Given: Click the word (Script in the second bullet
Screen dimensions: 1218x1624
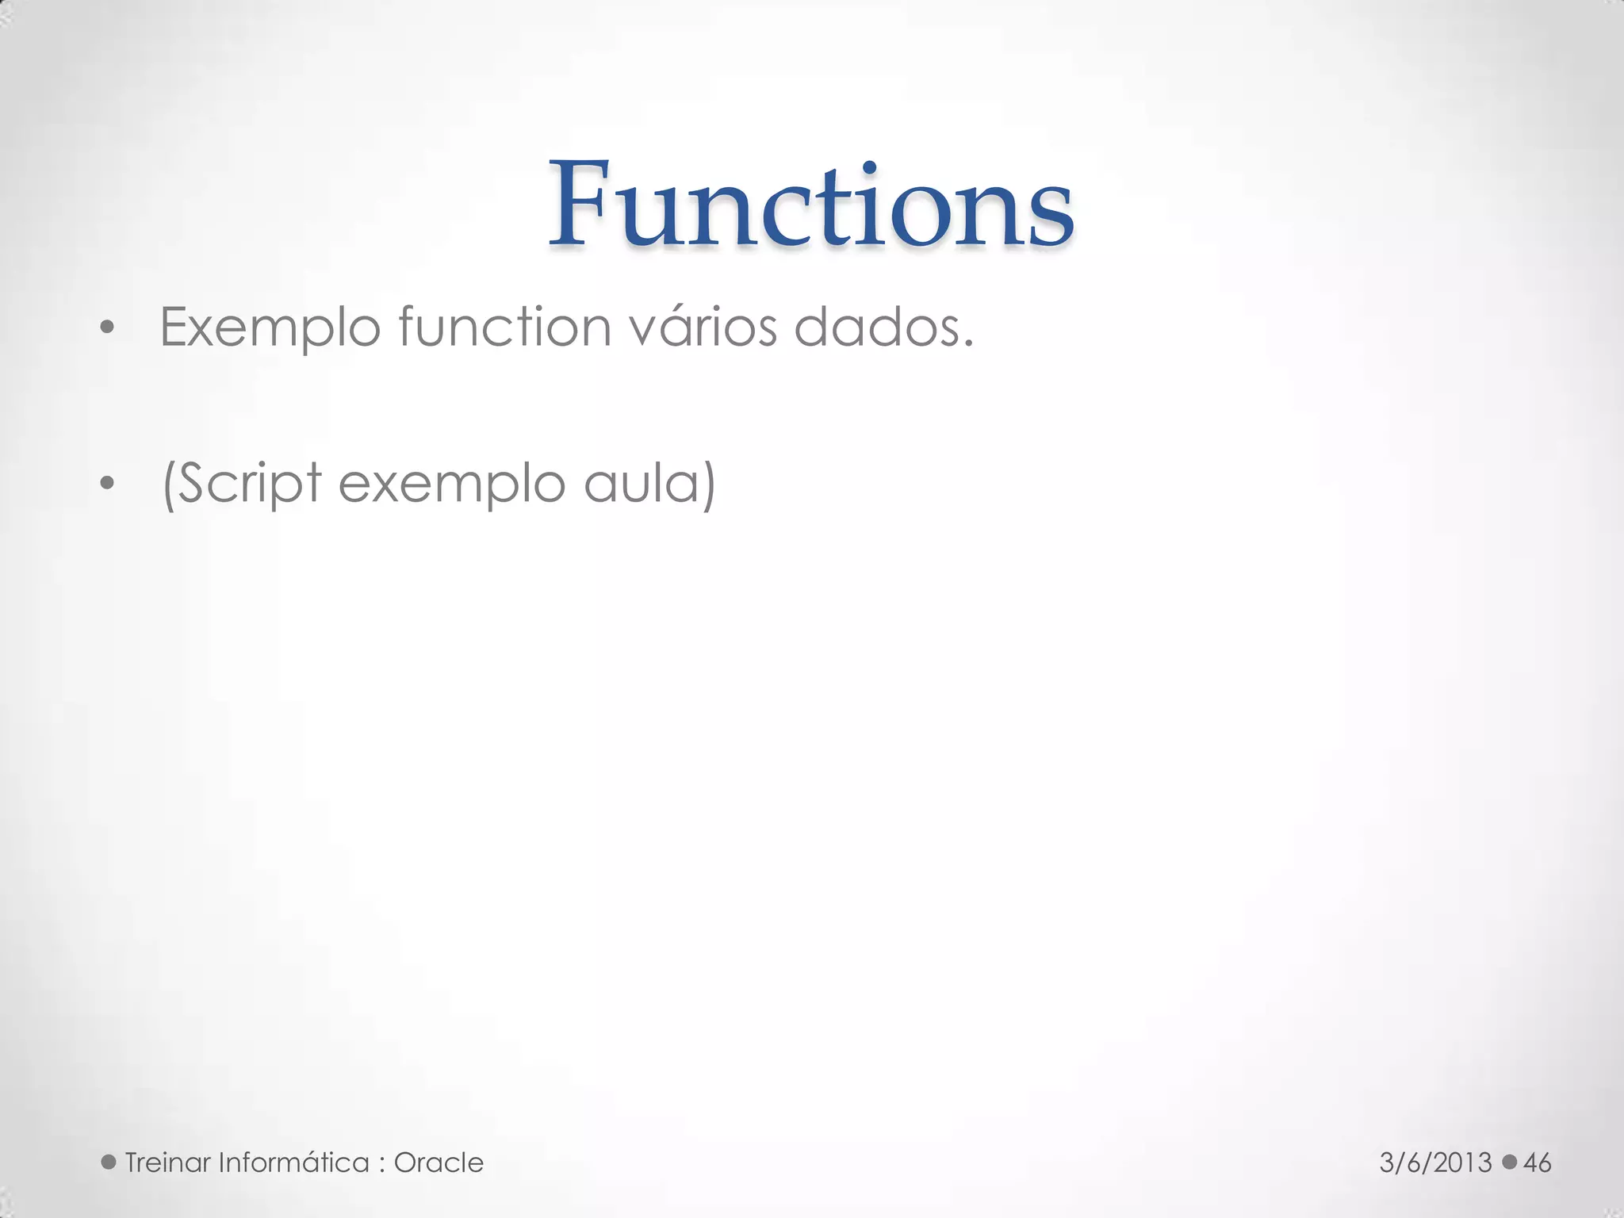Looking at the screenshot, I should (x=242, y=483).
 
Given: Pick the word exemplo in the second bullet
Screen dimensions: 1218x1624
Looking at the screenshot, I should (x=451, y=485).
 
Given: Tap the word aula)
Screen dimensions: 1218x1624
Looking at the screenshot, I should (x=649, y=483).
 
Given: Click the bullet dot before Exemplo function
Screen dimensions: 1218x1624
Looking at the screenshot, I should (x=108, y=327).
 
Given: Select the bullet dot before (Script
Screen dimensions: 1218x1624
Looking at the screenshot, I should (x=108, y=483).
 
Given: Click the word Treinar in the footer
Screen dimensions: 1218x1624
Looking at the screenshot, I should (x=167, y=1162).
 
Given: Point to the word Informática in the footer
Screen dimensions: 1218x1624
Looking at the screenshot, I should (x=293, y=1162).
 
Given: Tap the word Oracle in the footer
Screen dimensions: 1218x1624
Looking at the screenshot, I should (x=439, y=1162).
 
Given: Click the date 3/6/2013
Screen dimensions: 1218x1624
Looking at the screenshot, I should (x=1435, y=1162).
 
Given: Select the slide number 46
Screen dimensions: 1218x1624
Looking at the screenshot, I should (x=1538, y=1162).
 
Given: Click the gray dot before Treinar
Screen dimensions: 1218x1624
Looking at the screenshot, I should (x=109, y=1162).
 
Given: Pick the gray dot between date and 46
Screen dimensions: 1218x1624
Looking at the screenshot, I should (x=1510, y=1162).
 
